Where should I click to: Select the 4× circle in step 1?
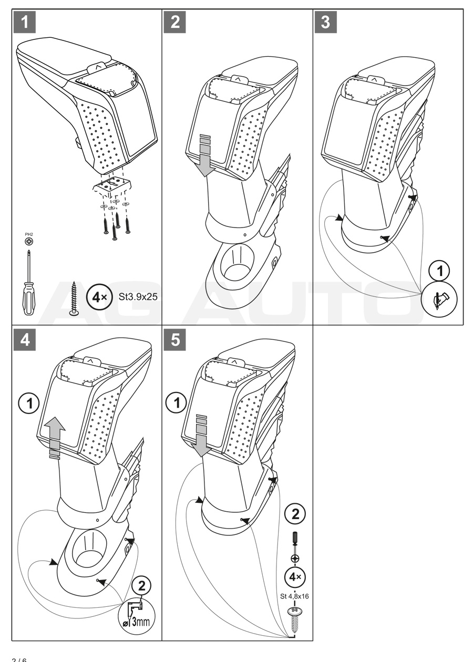(x=98, y=296)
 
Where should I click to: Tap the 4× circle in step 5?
(x=296, y=576)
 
